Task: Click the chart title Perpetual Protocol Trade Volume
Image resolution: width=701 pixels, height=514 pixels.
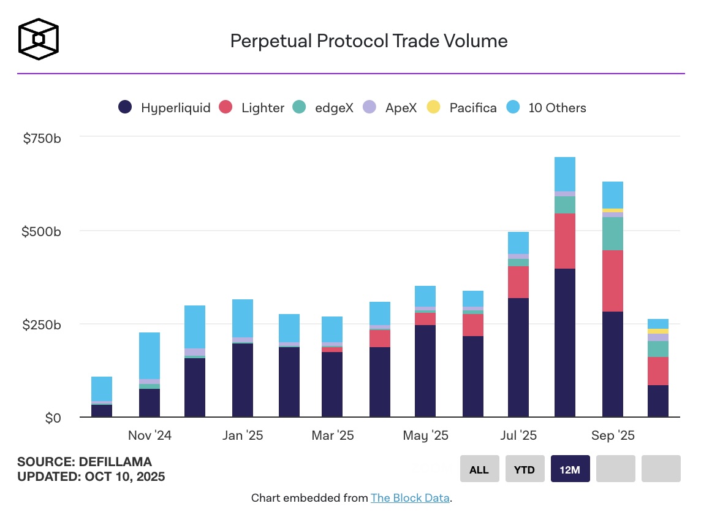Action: [x=368, y=41]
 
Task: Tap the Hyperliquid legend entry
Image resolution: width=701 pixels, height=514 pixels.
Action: [x=164, y=108]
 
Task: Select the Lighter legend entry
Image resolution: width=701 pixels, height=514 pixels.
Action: [x=252, y=108]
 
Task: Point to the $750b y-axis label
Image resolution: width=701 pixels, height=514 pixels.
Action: [x=42, y=139]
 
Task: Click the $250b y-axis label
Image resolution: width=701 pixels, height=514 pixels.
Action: [x=42, y=324]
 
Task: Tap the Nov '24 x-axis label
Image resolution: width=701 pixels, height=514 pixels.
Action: [x=150, y=435]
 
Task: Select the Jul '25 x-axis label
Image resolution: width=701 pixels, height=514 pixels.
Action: [x=519, y=435]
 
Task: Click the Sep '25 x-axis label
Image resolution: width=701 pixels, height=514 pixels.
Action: [x=613, y=435]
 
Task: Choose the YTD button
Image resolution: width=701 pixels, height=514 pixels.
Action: [x=525, y=469]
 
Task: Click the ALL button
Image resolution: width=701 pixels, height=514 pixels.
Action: [x=479, y=469]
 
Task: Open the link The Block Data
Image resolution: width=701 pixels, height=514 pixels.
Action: [x=410, y=498]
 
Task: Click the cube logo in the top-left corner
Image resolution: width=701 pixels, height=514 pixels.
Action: [x=39, y=39]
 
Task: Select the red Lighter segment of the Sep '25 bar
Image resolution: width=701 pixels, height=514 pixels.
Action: [x=613, y=281]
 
